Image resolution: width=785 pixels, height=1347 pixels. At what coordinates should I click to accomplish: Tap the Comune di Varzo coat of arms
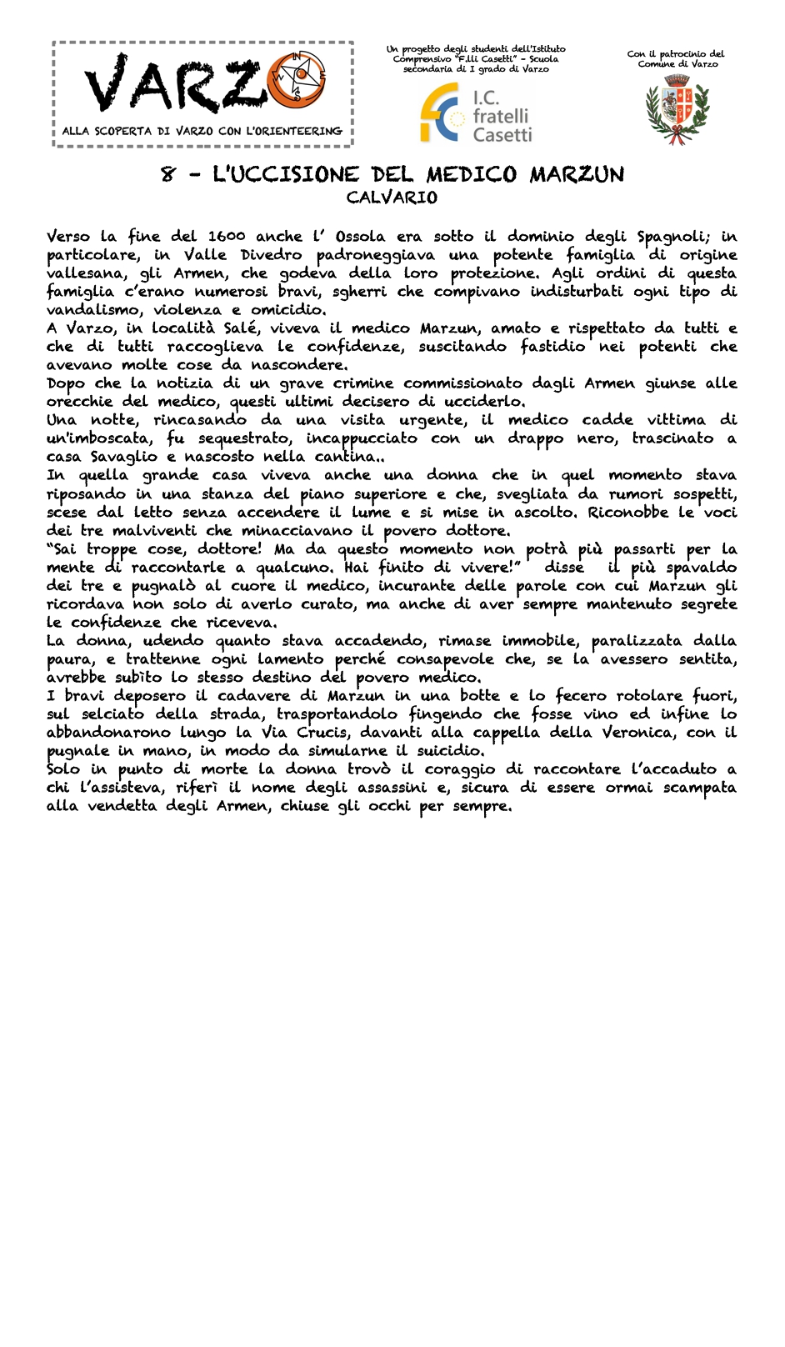[677, 108]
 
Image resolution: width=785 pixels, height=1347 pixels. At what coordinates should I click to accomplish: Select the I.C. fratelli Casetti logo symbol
[440, 113]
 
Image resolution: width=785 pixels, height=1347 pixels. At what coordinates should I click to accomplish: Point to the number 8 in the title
[170, 175]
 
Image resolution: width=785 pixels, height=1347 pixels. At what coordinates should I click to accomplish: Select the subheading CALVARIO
[392, 198]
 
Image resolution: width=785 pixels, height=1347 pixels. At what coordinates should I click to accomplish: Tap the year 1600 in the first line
[227, 237]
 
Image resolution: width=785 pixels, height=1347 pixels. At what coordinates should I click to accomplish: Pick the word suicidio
[451, 750]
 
